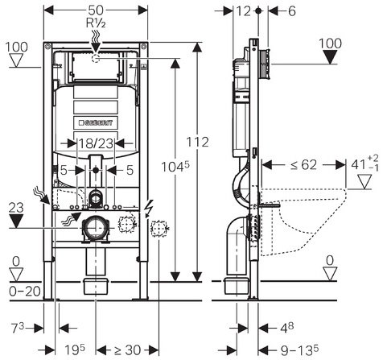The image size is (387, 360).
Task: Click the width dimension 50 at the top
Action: coord(95,9)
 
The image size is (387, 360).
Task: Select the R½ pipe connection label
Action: coord(95,24)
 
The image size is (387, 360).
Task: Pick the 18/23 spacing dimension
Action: coord(95,144)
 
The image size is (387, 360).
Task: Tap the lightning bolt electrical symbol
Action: coord(150,207)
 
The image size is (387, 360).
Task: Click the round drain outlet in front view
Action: coord(96,228)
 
